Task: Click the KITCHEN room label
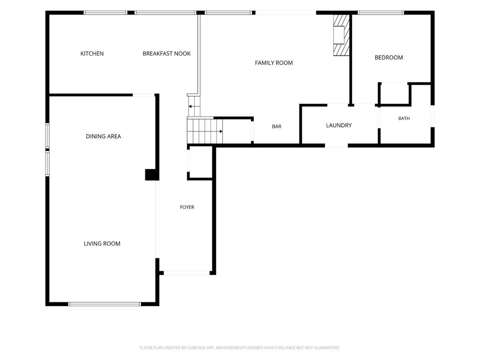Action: point(92,53)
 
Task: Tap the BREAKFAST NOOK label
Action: point(166,53)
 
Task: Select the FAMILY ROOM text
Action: point(274,63)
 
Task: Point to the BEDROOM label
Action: point(389,58)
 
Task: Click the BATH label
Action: point(404,119)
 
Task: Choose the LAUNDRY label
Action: point(338,125)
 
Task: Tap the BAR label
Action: point(277,127)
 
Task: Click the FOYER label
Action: point(187,207)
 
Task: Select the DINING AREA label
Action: point(104,136)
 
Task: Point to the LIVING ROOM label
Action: point(102,244)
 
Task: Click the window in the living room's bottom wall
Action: point(104,304)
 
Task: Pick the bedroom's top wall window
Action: point(381,13)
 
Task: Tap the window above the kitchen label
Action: point(105,13)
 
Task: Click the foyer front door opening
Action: point(187,273)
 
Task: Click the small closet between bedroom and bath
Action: point(394,94)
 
